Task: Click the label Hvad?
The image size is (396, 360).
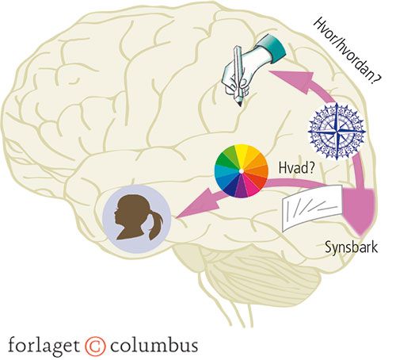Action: point(296,168)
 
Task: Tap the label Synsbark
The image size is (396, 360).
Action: point(351,247)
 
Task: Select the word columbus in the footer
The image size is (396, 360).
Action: point(154,345)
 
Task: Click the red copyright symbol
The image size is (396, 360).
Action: point(95,346)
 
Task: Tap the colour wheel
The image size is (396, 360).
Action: point(242,171)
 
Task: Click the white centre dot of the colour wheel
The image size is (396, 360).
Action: point(242,171)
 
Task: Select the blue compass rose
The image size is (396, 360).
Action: point(337,131)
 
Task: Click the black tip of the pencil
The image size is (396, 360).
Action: point(240,104)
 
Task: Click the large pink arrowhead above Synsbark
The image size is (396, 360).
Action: point(359,209)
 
